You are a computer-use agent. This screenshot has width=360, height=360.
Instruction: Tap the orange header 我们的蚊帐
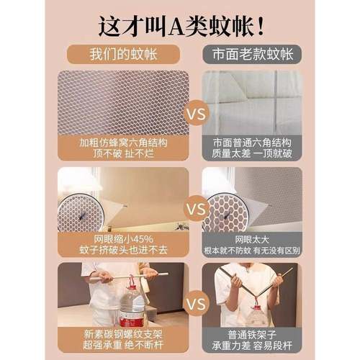pyautogui.click(x=125, y=55)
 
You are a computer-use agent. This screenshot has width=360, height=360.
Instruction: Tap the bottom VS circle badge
pyautogui.click(x=192, y=305)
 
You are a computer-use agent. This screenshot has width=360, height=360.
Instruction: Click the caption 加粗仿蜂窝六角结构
pyautogui.click(x=124, y=143)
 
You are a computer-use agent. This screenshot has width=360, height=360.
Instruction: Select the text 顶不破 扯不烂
pyautogui.click(x=124, y=155)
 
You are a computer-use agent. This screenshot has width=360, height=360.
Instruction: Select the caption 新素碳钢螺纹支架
pyautogui.click(x=124, y=332)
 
